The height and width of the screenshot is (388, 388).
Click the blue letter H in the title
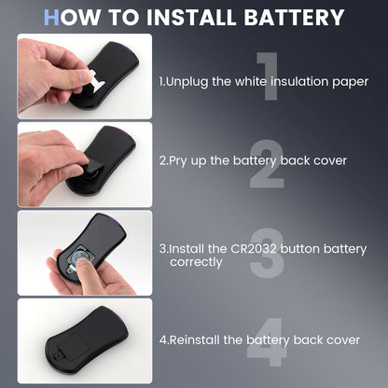click(x=51, y=17)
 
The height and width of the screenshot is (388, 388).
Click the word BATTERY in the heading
click(x=294, y=17)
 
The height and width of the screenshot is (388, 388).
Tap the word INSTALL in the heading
click(x=191, y=17)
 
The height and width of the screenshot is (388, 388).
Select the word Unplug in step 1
click(x=187, y=82)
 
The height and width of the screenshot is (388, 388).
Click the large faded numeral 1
click(x=268, y=76)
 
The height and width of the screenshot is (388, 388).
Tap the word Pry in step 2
click(x=178, y=161)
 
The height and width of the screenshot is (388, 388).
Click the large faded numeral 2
click(x=267, y=163)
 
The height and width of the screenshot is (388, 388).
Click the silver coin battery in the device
click(x=78, y=256)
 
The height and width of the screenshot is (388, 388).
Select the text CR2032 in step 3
click(x=253, y=249)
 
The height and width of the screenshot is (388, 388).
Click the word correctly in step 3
click(x=196, y=262)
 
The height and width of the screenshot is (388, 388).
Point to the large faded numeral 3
click(x=267, y=253)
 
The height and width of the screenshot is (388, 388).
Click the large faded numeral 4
click(x=267, y=342)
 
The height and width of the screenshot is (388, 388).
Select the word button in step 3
click(x=299, y=249)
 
